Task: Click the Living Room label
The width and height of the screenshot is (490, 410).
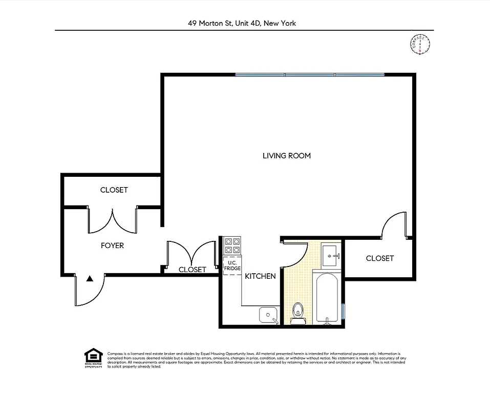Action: [x=286, y=156]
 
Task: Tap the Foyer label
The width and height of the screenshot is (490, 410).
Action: [x=112, y=245]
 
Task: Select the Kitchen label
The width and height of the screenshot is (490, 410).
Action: [x=260, y=276]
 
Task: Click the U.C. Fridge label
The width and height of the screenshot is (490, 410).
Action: [x=232, y=266]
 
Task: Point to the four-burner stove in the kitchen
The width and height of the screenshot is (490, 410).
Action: [x=232, y=245]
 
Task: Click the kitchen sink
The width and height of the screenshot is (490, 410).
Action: [x=268, y=314]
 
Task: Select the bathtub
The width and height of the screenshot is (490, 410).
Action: [x=326, y=298]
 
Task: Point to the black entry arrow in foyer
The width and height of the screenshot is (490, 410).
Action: [x=90, y=279]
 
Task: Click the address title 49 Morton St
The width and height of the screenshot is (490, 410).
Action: [x=242, y=23]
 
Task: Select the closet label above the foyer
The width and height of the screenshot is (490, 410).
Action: [x=114, y=190]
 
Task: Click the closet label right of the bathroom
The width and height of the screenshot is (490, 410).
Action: [x=379, y=258]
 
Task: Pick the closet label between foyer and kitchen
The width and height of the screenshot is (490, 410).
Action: [x=192, y=270]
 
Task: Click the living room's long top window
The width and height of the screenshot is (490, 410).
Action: [x=309, y=75]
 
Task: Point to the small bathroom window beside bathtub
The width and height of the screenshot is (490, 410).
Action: [x=344, y=311]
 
